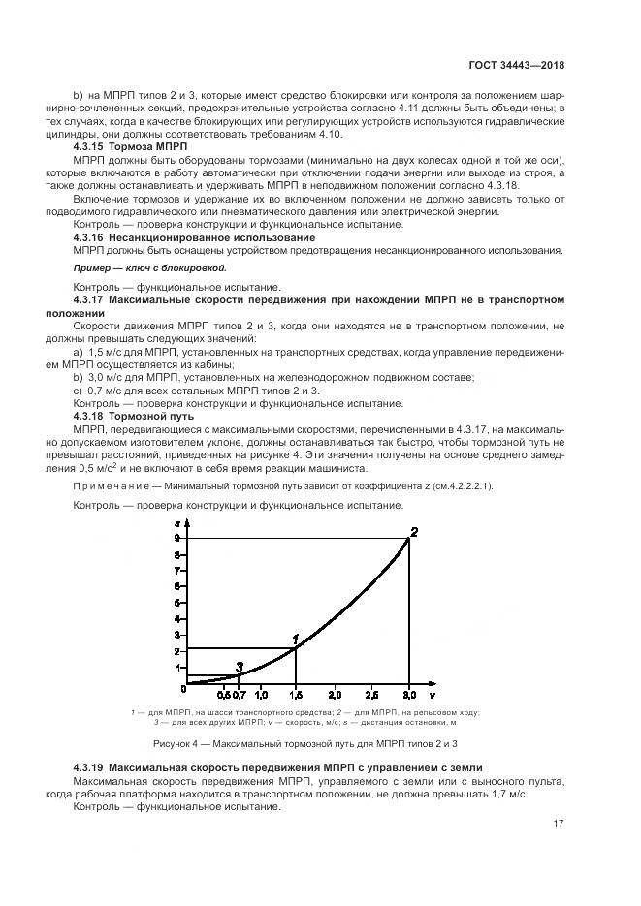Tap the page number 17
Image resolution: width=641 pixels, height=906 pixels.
click(559, 824)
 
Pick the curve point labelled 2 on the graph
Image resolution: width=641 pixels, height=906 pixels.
click(408, 538)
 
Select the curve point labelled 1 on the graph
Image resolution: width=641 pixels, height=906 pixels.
click(296, 647)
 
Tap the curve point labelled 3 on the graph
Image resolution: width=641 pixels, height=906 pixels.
click(238, 674)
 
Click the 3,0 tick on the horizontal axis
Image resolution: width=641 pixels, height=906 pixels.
click(408, 696)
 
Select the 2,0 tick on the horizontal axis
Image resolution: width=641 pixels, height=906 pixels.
click(334, 696)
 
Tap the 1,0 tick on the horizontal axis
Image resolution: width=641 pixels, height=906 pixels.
click(260, 696)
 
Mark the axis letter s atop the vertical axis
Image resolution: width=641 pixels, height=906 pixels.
click(176, 520)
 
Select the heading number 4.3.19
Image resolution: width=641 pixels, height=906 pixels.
click(93, 766)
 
